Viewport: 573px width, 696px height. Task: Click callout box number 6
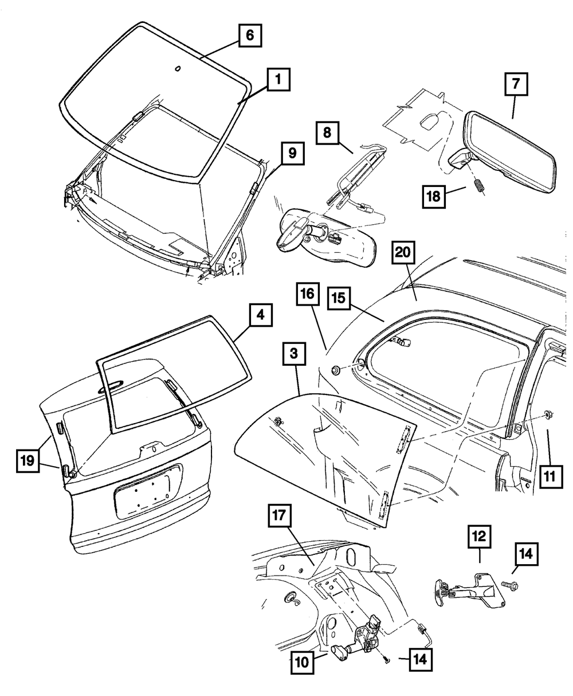point(250,36)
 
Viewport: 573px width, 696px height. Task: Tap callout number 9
point(292,153)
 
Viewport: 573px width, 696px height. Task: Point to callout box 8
point(326,133)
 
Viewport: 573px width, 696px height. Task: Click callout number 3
point(294,355)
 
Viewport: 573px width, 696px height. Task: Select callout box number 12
point(479,537)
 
